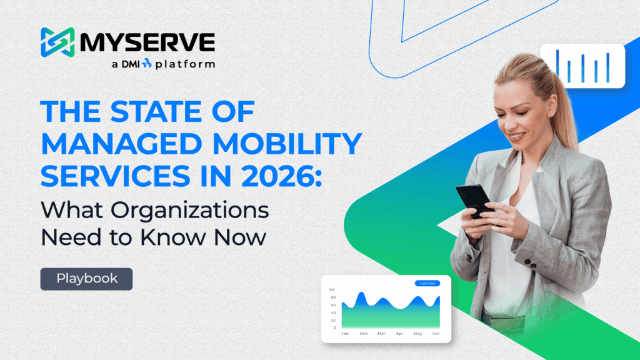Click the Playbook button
click(x=86, y=279)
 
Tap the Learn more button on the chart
click(x=427, y=284)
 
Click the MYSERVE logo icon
click(x=57, y=43)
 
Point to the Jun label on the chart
click(x=436, y=334)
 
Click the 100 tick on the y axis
click(x=332, y=290)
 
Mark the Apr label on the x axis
click(x=399, y=334)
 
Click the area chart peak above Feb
click(x=361, y=295)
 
